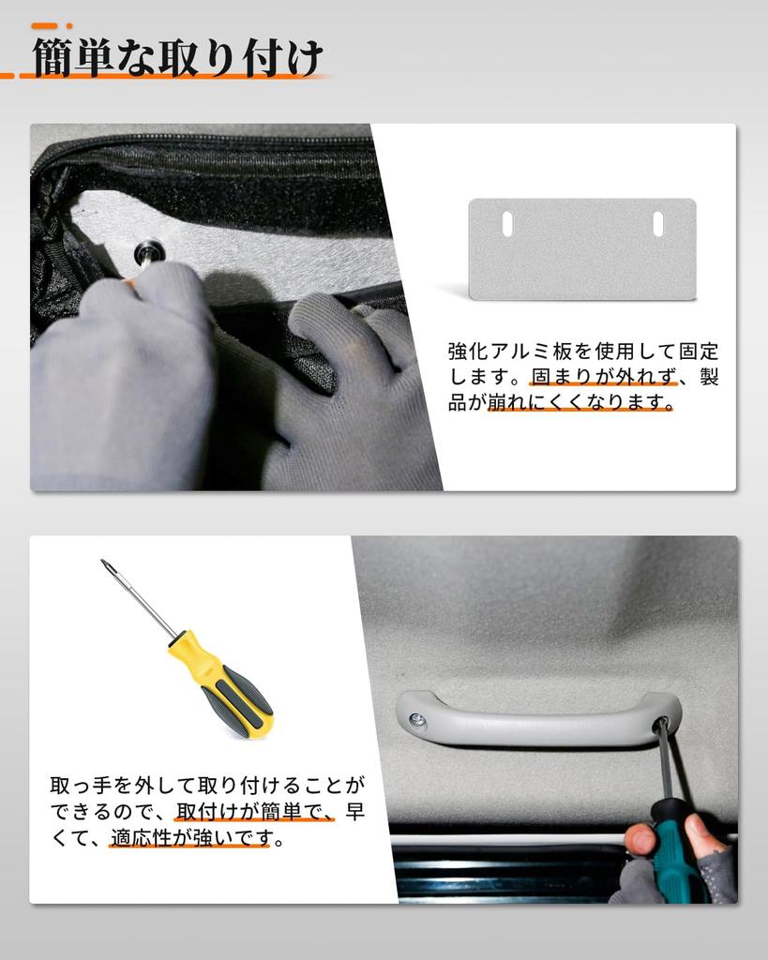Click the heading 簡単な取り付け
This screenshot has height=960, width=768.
(x=178, y=58)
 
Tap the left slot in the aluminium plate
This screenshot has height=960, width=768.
(x=507, y=223)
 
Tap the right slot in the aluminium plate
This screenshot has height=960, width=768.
(x=657, y=223)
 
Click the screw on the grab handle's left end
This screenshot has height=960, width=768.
(x=417, y=719)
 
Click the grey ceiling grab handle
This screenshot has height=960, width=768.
(x=538, y=719)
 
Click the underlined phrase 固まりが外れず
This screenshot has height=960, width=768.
(x=603, y=378)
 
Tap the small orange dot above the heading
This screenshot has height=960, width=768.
(x=68, y=25)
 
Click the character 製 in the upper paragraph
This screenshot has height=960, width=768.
(x=709, y=378)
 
